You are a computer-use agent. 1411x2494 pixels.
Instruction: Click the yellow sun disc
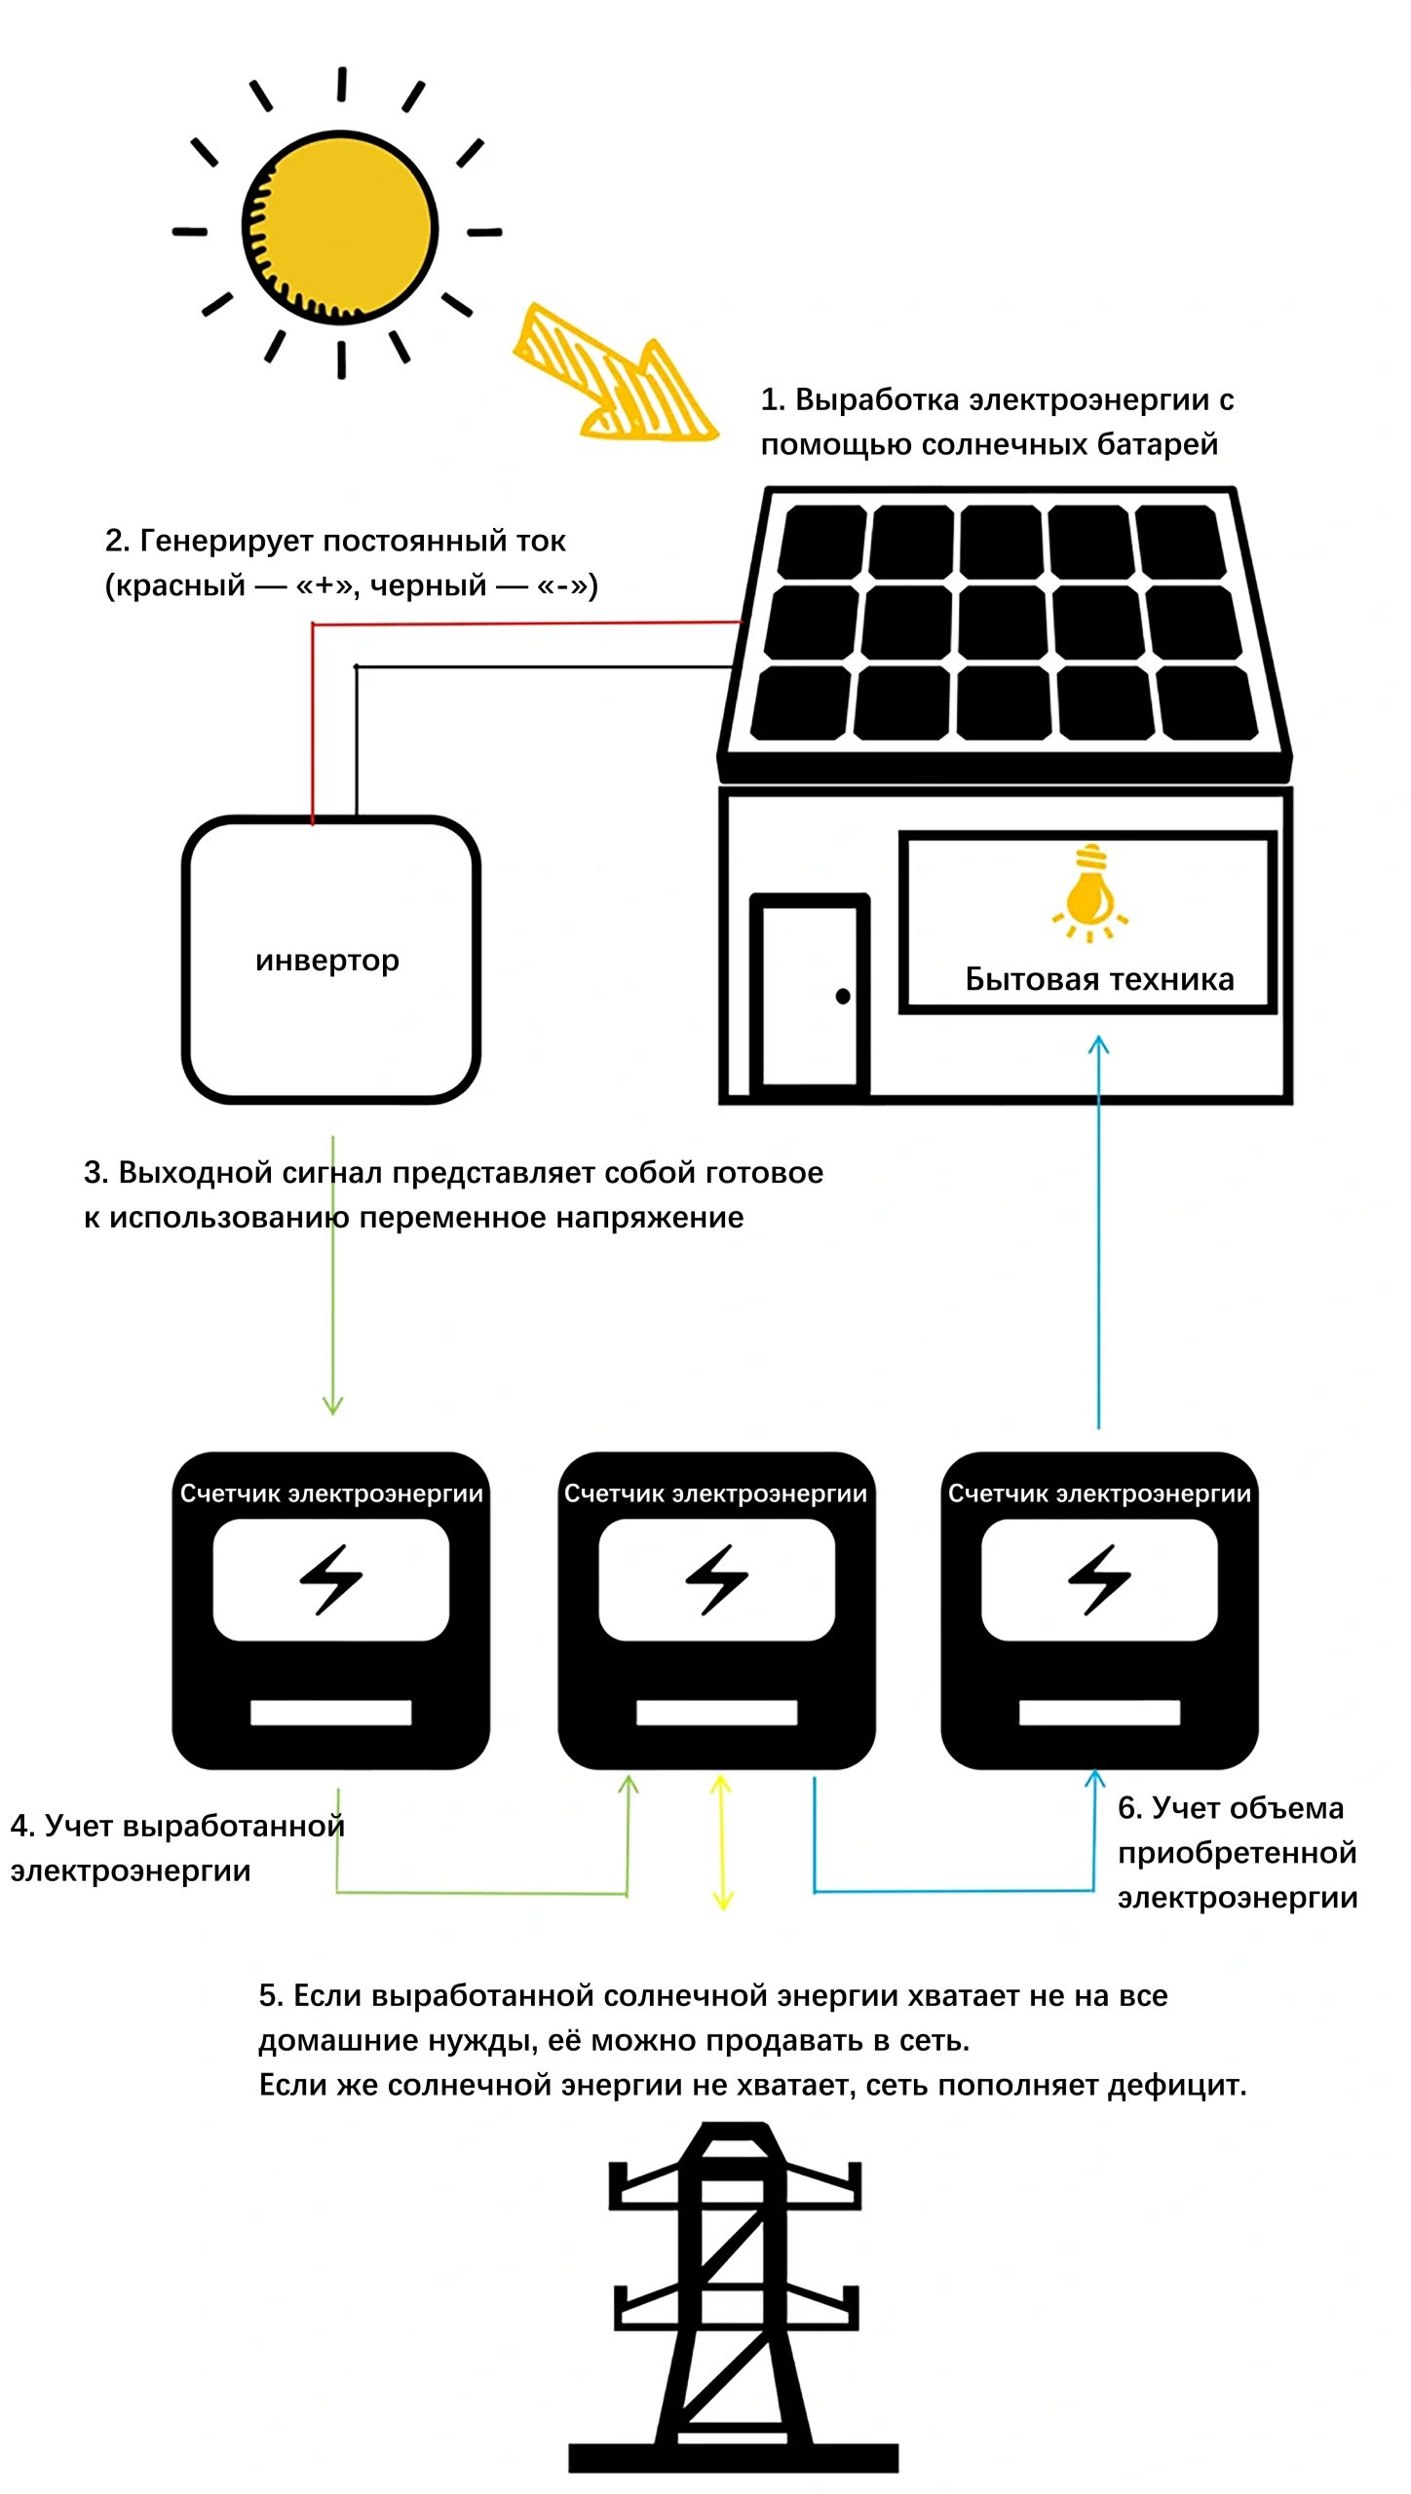340,227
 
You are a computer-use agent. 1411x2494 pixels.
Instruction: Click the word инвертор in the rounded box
327,961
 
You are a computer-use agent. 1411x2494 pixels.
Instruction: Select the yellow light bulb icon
1089,890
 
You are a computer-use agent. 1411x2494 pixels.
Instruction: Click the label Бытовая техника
1099,979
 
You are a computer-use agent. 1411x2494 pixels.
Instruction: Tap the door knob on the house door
843,996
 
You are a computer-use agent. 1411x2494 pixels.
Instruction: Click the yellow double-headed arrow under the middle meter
721,1841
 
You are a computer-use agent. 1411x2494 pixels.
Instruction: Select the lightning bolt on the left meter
331,1579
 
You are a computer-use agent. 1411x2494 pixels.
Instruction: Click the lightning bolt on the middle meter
717,1579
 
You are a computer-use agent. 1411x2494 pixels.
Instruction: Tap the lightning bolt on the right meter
1099,1579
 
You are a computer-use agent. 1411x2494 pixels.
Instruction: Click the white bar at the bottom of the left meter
331,1713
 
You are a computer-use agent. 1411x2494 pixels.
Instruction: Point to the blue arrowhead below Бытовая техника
1098,1044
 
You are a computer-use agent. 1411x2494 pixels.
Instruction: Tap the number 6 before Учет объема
1128,1808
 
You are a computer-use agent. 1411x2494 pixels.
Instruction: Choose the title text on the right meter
1099,1493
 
